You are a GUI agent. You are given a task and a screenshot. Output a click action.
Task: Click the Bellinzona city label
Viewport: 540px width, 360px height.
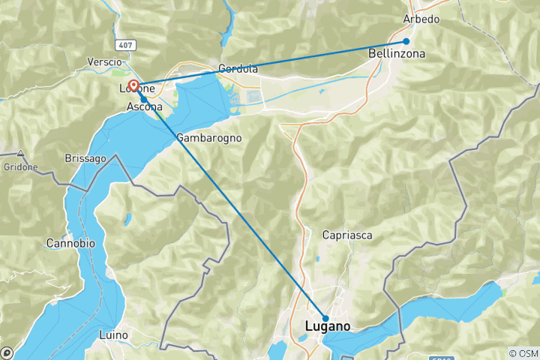[x=397, y=54]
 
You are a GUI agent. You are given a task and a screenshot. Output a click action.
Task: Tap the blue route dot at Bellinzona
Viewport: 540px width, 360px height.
[x=406, y=41]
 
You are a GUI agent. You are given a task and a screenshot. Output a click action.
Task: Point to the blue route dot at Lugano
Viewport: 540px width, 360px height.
[x=325, y=319]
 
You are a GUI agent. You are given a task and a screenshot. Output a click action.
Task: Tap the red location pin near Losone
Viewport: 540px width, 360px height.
[x=133, y=86]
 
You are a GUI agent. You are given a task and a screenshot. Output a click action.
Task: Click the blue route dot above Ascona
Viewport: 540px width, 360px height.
[x=143, y=98]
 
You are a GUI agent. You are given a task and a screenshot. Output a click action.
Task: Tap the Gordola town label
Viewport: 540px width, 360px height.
[x=238, y=69]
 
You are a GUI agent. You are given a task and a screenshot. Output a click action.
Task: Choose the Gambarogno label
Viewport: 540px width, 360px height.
[x=209, y=138]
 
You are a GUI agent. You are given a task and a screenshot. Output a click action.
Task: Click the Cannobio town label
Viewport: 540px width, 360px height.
[x=69, y=244]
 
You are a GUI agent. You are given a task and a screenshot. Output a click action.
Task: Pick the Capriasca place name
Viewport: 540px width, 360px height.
[x=347, y=235]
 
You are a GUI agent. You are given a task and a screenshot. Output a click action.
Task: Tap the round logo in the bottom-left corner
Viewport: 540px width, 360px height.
[x=6, y=352]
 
